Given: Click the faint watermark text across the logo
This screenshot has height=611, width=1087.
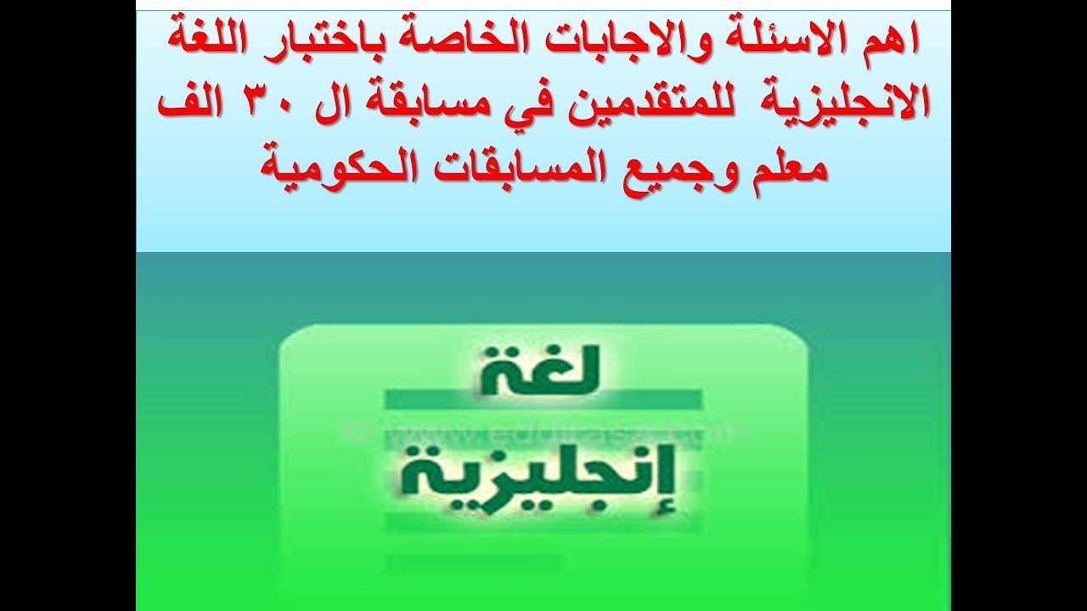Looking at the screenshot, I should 543,433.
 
